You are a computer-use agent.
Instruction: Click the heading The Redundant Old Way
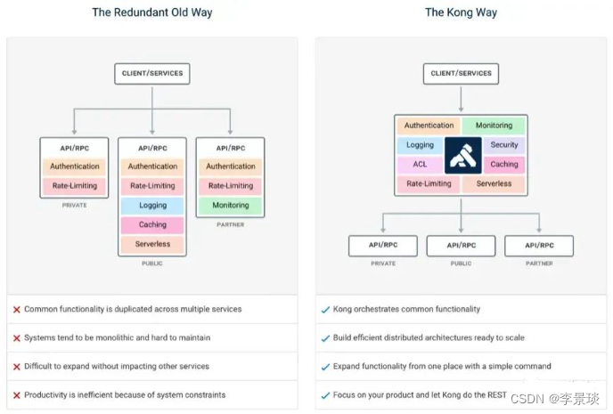click(151, 12)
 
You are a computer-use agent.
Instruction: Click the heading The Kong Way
click(461, 12)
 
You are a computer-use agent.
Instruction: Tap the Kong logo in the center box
click(462, 154)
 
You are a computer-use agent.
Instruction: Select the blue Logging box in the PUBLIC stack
click(152, 206)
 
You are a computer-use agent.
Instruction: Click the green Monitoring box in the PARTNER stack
click(230, 206)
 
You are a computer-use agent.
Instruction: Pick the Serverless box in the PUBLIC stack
click(152, 244)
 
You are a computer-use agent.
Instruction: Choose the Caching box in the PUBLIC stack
click(152, 225)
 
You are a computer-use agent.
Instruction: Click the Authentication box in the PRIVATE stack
click(75, 166)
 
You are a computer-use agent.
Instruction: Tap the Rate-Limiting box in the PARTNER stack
click(230, 186)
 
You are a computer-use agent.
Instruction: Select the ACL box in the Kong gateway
click(420, 165)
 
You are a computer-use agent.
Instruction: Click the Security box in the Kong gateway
click(503, 145)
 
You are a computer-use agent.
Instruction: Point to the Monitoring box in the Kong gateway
click(494, 126)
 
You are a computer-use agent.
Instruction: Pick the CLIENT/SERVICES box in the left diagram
click(152, 74)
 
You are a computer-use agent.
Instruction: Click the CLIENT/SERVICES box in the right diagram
click(462, 74)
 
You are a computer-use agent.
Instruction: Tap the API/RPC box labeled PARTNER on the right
click(539, 246)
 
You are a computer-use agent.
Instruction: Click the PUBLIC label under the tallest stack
click(152, 264)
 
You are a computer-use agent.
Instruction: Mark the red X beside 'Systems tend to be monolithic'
click(17, 338)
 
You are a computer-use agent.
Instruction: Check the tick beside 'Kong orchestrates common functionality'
click(325, 310)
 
